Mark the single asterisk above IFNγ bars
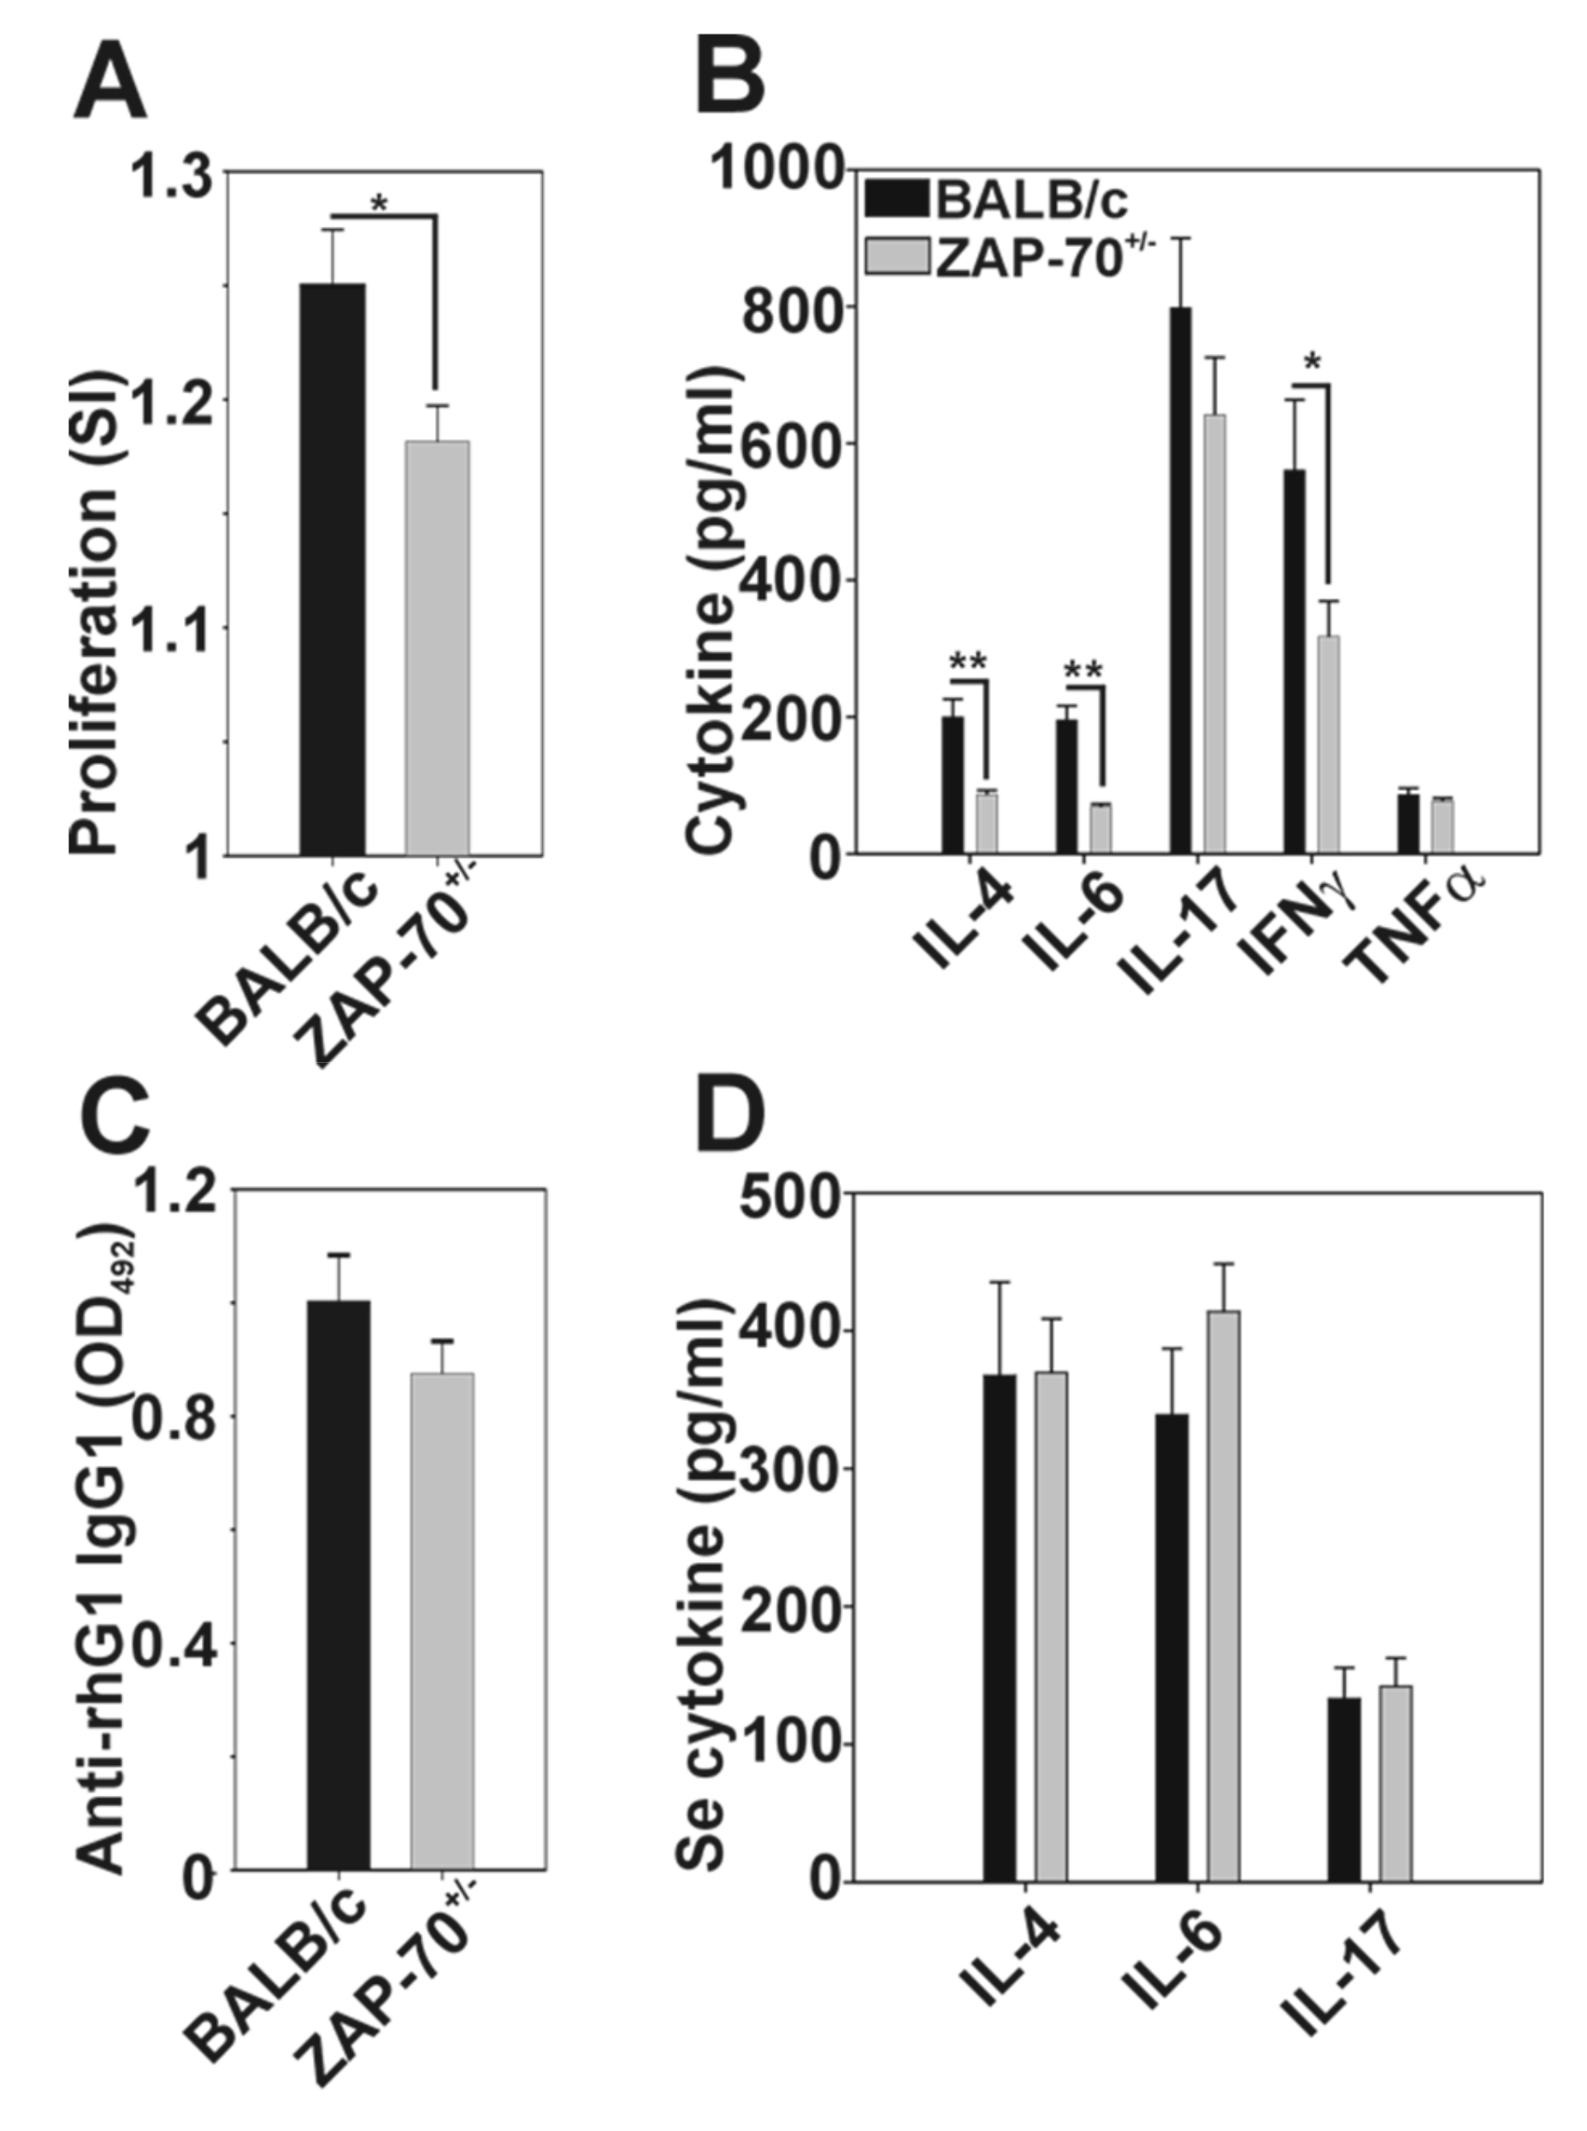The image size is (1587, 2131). [x=1313, y=364]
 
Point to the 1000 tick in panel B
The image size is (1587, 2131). [x=778, y=170]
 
